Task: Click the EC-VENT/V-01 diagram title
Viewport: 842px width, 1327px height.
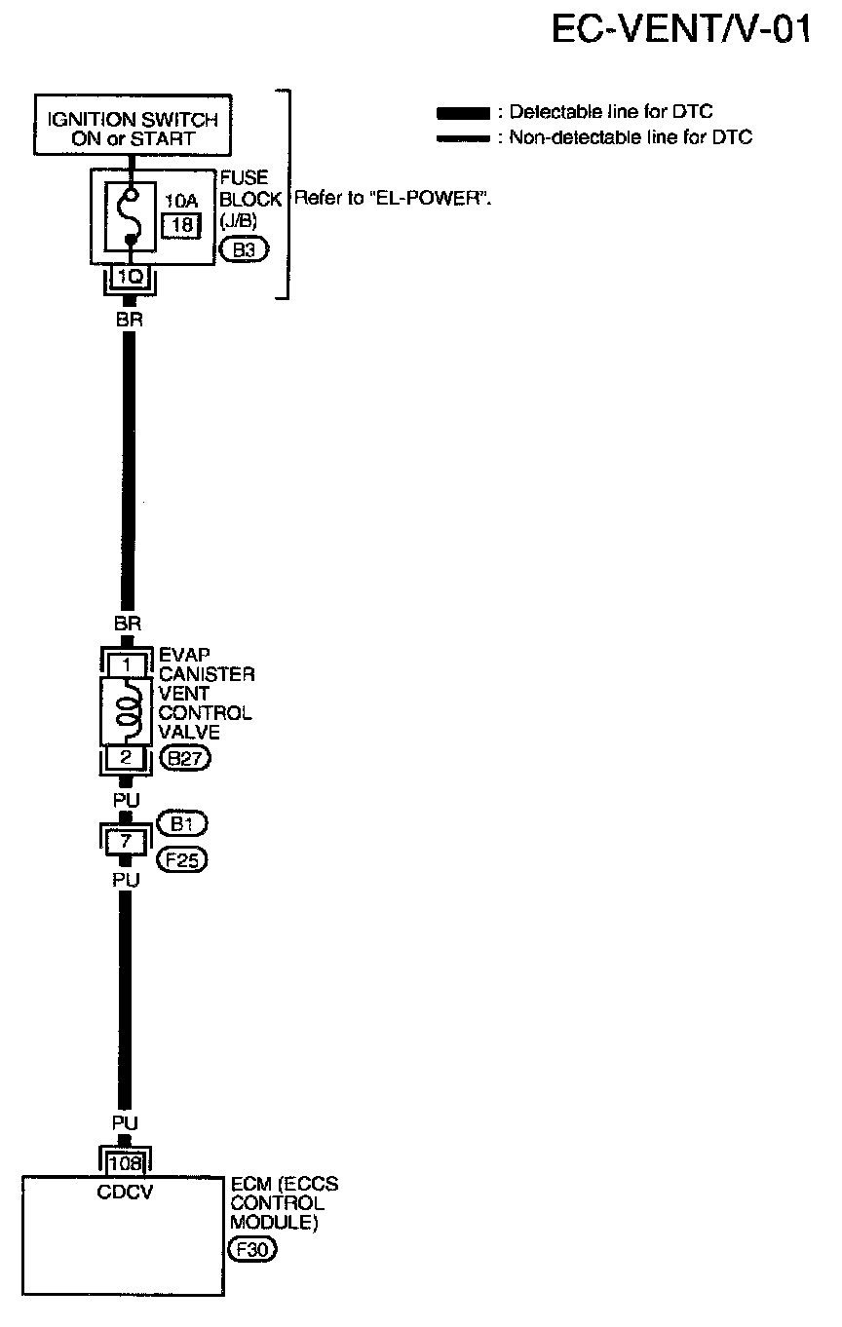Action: point(680,29)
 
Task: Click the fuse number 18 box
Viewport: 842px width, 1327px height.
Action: point(180,226)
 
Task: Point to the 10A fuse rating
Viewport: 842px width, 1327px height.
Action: point(179,202)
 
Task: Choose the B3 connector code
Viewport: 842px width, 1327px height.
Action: point(243,250)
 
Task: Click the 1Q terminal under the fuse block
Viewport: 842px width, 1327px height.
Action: point(130,276)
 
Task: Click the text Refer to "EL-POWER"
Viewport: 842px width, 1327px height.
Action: point(392,199)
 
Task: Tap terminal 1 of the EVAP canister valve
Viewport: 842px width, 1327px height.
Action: point(126,665)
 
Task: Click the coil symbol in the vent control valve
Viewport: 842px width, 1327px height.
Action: point(127,712)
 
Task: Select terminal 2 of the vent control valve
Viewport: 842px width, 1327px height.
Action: point(126,758)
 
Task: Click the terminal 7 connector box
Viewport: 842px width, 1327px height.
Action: point(126,839)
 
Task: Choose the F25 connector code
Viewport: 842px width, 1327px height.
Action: point(182,860)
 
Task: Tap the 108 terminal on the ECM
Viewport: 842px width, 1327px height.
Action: point(126,1163)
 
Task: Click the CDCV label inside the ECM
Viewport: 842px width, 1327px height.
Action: point(126,1190)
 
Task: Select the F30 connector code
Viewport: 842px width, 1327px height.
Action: point(250,1248)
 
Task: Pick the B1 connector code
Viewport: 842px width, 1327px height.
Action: point(182,825)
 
